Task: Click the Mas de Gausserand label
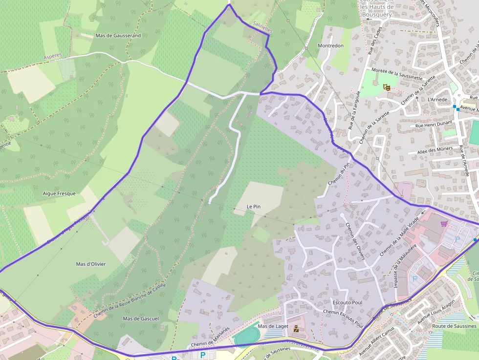coord(118,36)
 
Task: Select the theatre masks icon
coord(387,87)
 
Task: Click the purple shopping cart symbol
coord(444,224)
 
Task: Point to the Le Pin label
coord(253,207)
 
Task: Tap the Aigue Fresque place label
coord(59,193)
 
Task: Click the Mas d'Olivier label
coord(90,264)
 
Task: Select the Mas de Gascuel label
coord(141,318)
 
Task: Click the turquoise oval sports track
coord(247,336)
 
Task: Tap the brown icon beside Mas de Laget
coord(296,329)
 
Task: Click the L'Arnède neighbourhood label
coord(437,99)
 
